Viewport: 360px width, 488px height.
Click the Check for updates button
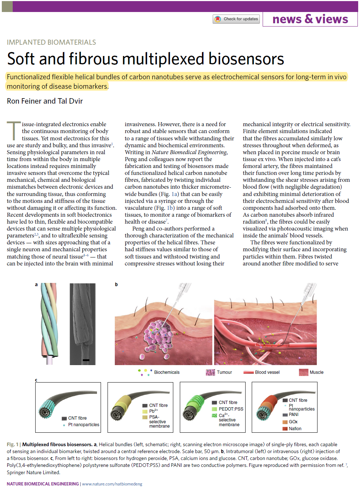pos(236,19)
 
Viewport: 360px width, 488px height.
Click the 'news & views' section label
pos(310,19)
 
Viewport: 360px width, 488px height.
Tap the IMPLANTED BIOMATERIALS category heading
pos(51,42)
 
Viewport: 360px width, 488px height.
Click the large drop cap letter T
pos(14,131)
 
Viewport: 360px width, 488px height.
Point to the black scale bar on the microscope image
pos(86,360)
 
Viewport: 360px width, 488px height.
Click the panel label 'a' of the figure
pos(36,284)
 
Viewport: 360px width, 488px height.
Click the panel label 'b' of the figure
pos(116,284)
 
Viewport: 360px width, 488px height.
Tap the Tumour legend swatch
pos(210,372)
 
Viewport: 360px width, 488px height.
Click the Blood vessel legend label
pos(267,372)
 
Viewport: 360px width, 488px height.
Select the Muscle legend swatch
pos(303,372)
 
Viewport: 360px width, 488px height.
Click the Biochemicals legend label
pos(167,372)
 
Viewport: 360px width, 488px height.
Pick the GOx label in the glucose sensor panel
pos(293,422)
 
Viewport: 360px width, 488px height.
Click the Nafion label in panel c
pos(295,429)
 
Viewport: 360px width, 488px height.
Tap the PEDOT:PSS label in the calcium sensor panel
pos(231,409)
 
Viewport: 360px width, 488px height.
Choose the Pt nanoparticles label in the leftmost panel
pos(84,425)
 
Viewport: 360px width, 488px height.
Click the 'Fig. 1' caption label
pos(12,444)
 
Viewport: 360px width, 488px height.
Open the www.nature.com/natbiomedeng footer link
pos(112,484)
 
